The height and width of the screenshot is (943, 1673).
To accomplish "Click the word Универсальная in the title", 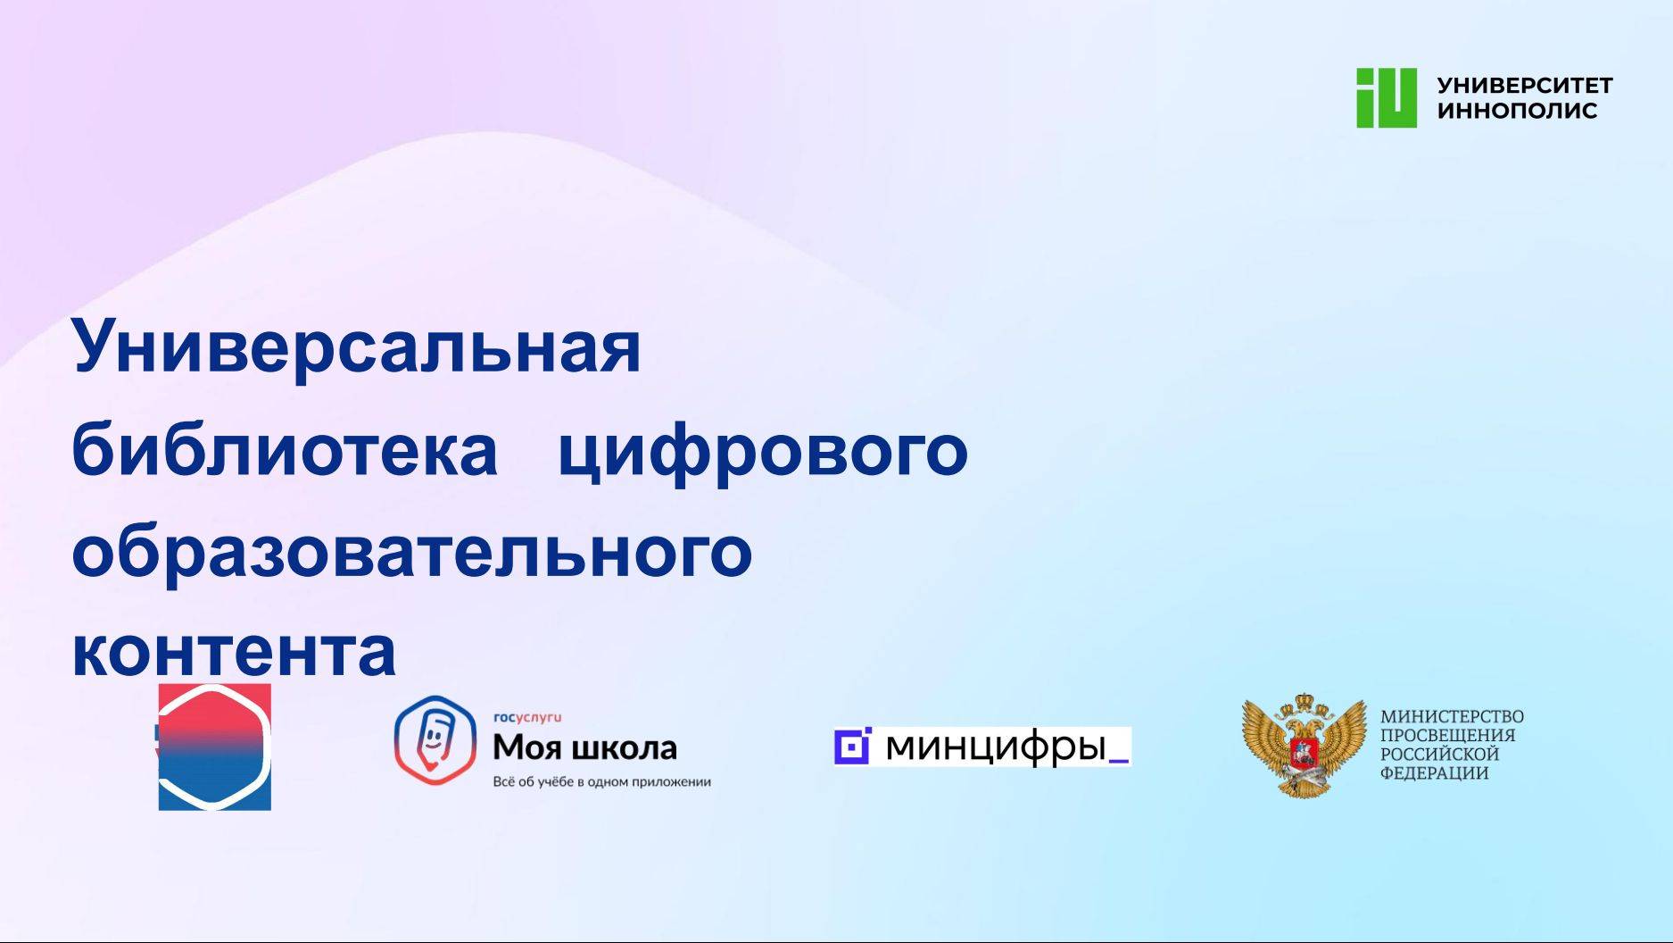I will [356, 346].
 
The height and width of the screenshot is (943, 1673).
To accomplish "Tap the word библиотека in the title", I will [284, 449].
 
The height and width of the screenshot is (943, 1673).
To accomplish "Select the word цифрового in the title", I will [763, 449].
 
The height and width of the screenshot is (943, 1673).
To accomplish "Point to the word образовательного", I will [411, 551].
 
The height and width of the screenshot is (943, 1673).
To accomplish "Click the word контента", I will [234, 652].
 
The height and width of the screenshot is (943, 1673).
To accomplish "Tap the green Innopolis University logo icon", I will [1386, 98].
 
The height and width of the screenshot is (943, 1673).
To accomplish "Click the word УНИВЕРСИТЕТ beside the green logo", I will [1524, 86].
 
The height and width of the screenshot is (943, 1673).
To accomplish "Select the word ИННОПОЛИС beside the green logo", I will [1517, 111].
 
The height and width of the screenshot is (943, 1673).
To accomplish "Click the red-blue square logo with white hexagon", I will [215, 747].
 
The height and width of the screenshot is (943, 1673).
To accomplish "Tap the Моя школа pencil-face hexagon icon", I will [435, 740].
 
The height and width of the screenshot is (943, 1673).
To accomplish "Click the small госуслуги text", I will [527, 717].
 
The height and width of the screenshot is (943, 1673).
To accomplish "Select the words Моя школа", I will [584, 747].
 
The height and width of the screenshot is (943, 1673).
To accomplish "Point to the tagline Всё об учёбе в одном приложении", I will [601, 782].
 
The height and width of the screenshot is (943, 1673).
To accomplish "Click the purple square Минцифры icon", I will [852, 747].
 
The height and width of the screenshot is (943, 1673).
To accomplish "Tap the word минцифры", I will [995, 746].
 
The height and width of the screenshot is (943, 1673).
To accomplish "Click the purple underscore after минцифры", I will [1118, 760].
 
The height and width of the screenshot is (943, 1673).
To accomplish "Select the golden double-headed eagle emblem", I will [1304, 746].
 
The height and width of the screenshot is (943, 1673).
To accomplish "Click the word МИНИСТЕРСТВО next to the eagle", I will [1452, 716].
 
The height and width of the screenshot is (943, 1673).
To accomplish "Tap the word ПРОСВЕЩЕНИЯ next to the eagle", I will [1447, 735].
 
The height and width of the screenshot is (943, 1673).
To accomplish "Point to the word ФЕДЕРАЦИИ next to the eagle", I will [1434, 773].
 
